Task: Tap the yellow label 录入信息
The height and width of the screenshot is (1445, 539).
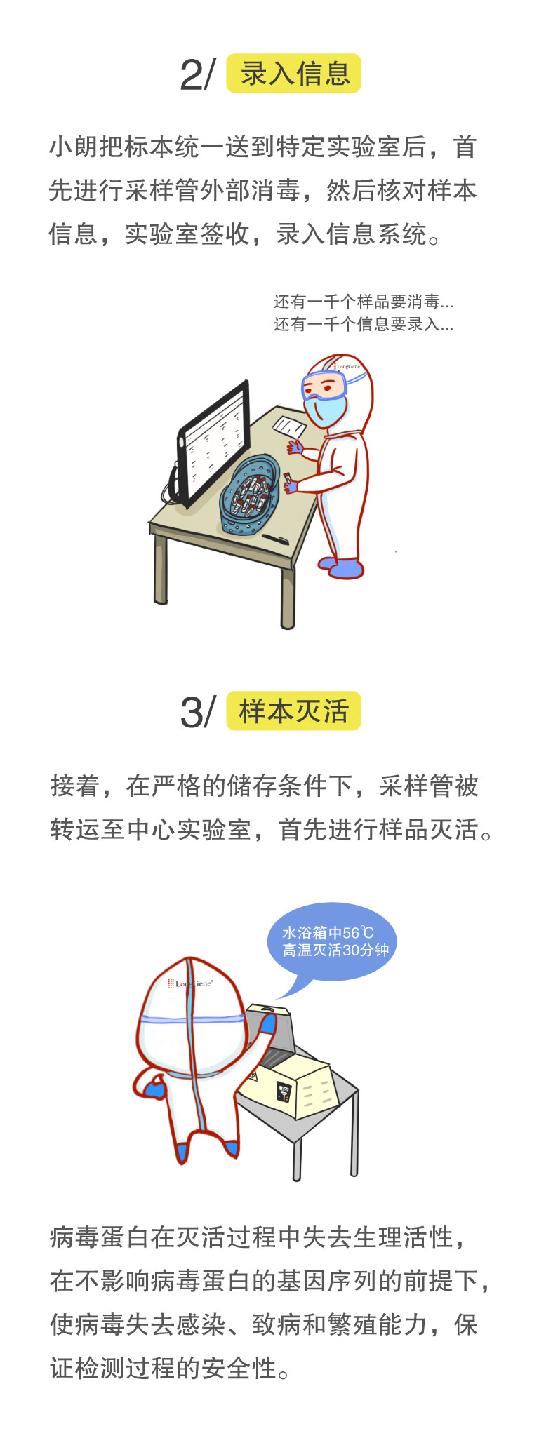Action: [293, 74]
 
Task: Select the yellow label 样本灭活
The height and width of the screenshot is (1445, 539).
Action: [293, 711]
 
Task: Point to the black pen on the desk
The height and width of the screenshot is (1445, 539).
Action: [274, 539]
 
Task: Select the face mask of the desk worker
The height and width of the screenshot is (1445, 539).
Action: [326, 410]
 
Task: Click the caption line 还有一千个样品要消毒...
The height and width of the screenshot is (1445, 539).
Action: [363, 302]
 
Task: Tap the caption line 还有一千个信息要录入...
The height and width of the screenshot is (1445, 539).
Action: [363, 324]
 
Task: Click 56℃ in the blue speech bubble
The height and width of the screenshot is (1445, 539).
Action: [358, 933]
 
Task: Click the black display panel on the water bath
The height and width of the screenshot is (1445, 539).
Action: [284, 1092]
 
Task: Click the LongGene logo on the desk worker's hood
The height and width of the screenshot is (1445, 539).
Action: [347, 366]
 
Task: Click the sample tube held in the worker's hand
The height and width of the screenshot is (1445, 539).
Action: [288, 479]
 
